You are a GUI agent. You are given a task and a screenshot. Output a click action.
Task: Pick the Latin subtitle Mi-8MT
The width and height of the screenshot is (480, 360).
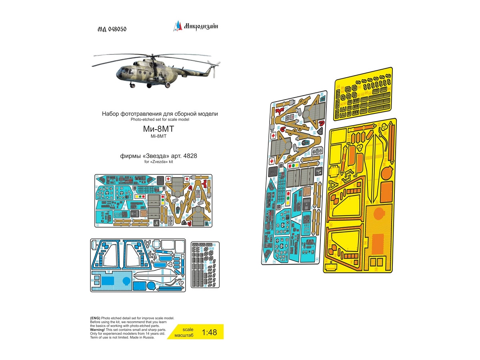click(160, 136)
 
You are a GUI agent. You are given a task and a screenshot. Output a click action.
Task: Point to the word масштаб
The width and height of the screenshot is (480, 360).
click(185, 336)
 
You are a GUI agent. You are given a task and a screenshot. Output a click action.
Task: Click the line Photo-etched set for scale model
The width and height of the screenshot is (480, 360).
click(160, 120)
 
